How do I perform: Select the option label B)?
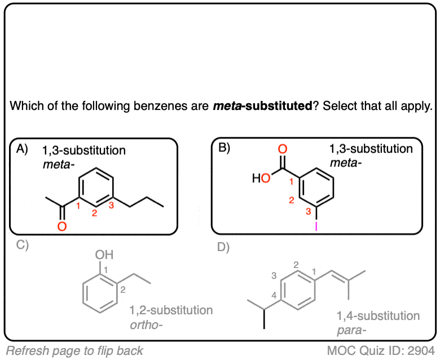click(x=225, y=150)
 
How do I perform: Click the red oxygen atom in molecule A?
click(x=62, y=227)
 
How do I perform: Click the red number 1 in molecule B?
click(x=292, y=181)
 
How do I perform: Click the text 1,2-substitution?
click(x=171, y=310)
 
